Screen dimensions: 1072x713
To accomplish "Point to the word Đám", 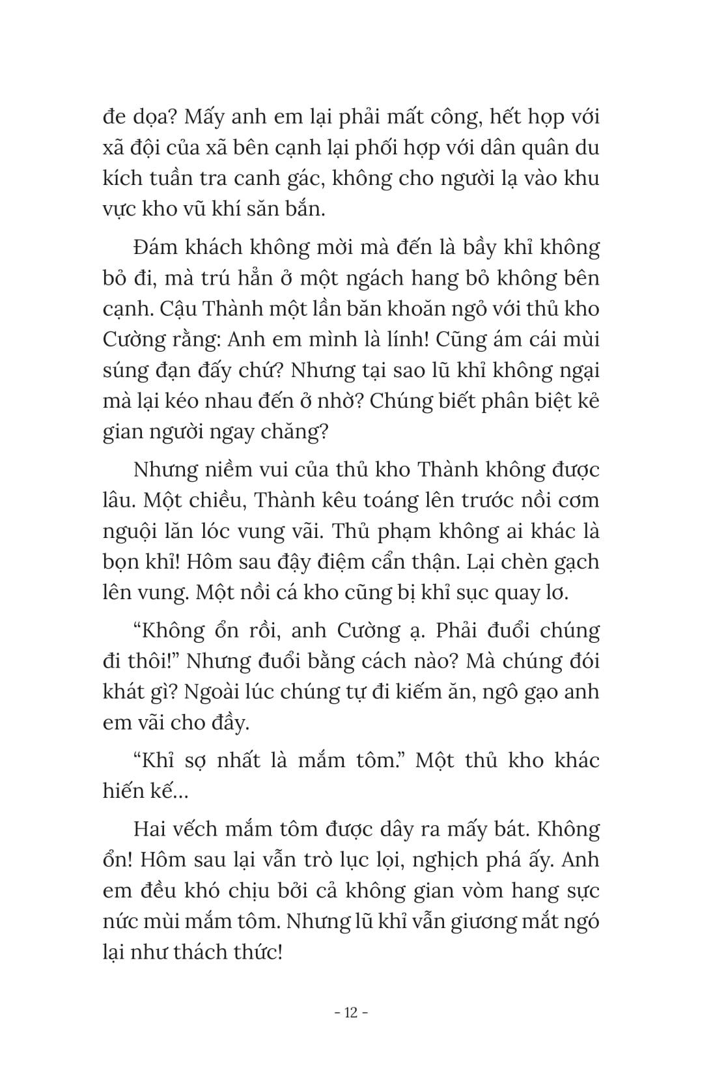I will tap(156, 247).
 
